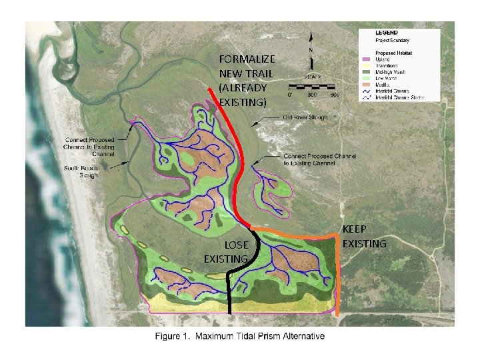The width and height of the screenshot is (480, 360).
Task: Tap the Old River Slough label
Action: coord(305,117)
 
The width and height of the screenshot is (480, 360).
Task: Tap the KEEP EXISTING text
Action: coord(364,237)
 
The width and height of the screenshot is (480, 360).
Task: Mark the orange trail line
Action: coord(337,273)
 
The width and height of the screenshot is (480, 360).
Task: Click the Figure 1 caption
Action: coord(240,336)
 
